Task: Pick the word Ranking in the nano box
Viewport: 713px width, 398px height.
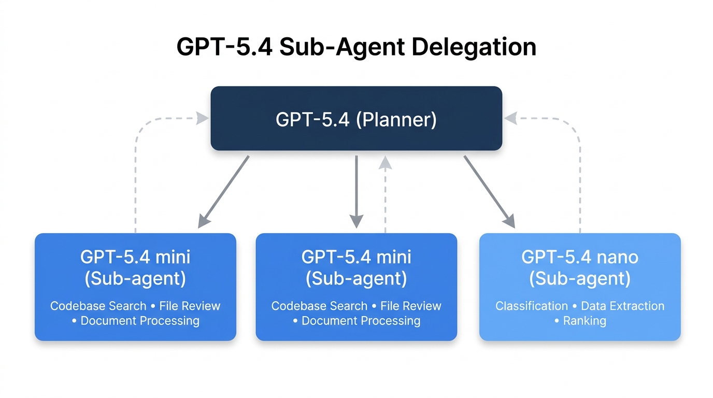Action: (584, 321)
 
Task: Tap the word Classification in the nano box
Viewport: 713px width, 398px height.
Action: (531, 306)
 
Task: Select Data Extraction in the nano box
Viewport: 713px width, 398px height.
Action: (622, 306)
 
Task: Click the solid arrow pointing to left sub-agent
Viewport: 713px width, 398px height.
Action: (223, 192)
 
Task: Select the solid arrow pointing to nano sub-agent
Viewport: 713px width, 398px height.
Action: (489, 192)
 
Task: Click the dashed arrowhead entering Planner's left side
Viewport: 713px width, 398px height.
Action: (202, 119)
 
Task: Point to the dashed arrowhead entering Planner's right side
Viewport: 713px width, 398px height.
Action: (510, 119)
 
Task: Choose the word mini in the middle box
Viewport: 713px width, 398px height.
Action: (394, 257)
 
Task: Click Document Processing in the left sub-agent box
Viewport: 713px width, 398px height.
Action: (140, 321)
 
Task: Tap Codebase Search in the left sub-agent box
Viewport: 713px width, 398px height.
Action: (98, 306)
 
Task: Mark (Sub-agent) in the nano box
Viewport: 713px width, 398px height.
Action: (579, 279)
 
